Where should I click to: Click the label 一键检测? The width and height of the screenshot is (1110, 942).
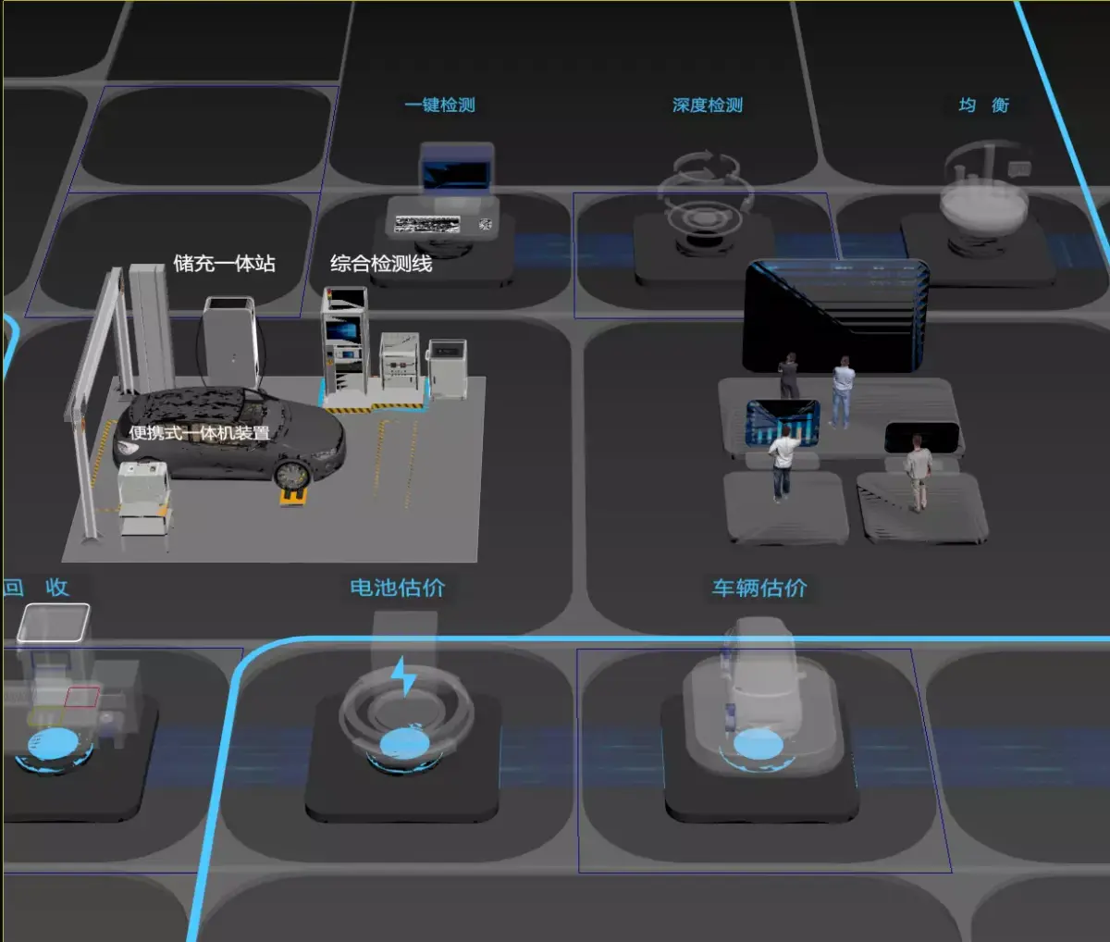(440, 105)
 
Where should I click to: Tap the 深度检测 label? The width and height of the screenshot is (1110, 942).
(708, 105)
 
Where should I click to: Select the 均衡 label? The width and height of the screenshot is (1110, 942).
(983, 105)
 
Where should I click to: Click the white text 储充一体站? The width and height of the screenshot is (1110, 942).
(225, 264)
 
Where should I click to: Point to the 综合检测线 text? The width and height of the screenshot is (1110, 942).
(381, 264)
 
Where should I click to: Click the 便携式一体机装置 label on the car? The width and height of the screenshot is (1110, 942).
(199, 433)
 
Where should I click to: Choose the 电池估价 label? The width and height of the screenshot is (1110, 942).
(398, 588)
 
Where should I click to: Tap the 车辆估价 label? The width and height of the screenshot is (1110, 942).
(759, 588)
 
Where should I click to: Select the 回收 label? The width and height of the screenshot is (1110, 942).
(37, 588)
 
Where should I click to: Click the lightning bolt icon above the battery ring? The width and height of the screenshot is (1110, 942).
(403, 676)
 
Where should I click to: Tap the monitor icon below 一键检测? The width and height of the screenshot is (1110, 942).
(457, 167)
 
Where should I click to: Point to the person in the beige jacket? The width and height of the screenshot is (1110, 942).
(918, 472)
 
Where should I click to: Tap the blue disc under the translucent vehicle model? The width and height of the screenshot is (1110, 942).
(758, 744)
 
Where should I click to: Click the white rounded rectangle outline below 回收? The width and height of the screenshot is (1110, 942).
(54, 623)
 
